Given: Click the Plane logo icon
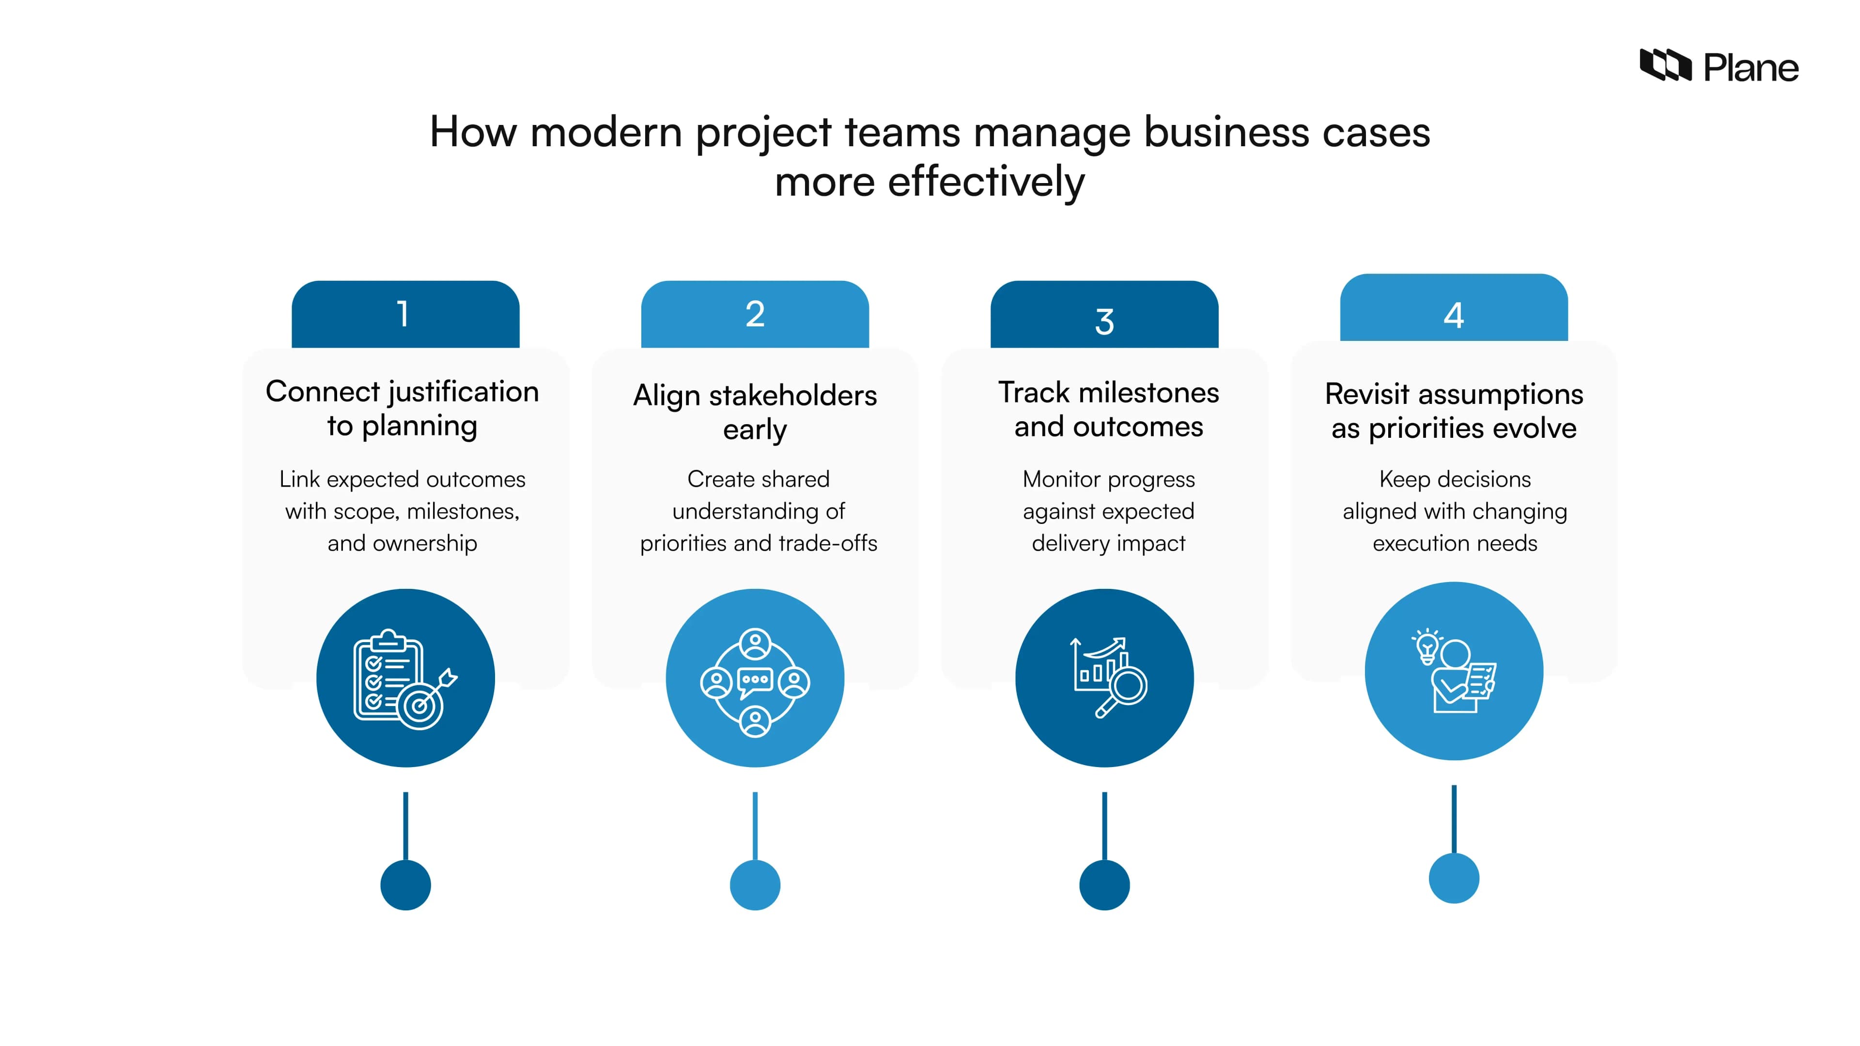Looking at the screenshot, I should (x=1664, y=66).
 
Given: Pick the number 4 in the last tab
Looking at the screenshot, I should (x=1454, y=315).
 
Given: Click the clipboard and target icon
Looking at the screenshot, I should (x=405, y=678).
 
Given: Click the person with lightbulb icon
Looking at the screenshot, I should (x=1454, y=671).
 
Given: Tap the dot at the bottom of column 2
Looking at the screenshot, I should (x=755, y=885).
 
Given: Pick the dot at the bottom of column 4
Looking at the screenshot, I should (x=1454, y=878).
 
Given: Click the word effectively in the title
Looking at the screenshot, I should (x=986, y=182).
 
